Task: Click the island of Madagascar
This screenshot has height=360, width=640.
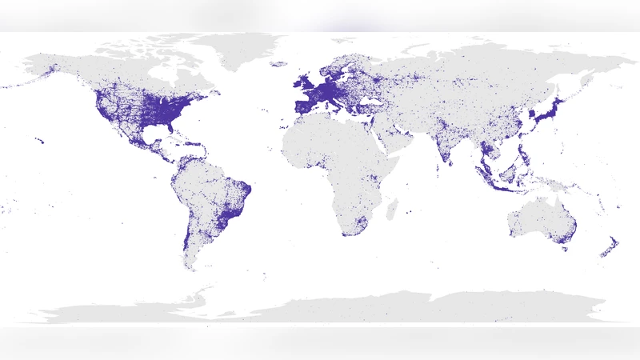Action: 391,210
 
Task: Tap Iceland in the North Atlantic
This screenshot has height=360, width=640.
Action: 278,64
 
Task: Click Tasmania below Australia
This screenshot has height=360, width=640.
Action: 565,249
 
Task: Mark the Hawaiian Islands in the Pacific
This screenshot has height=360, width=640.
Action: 39,142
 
